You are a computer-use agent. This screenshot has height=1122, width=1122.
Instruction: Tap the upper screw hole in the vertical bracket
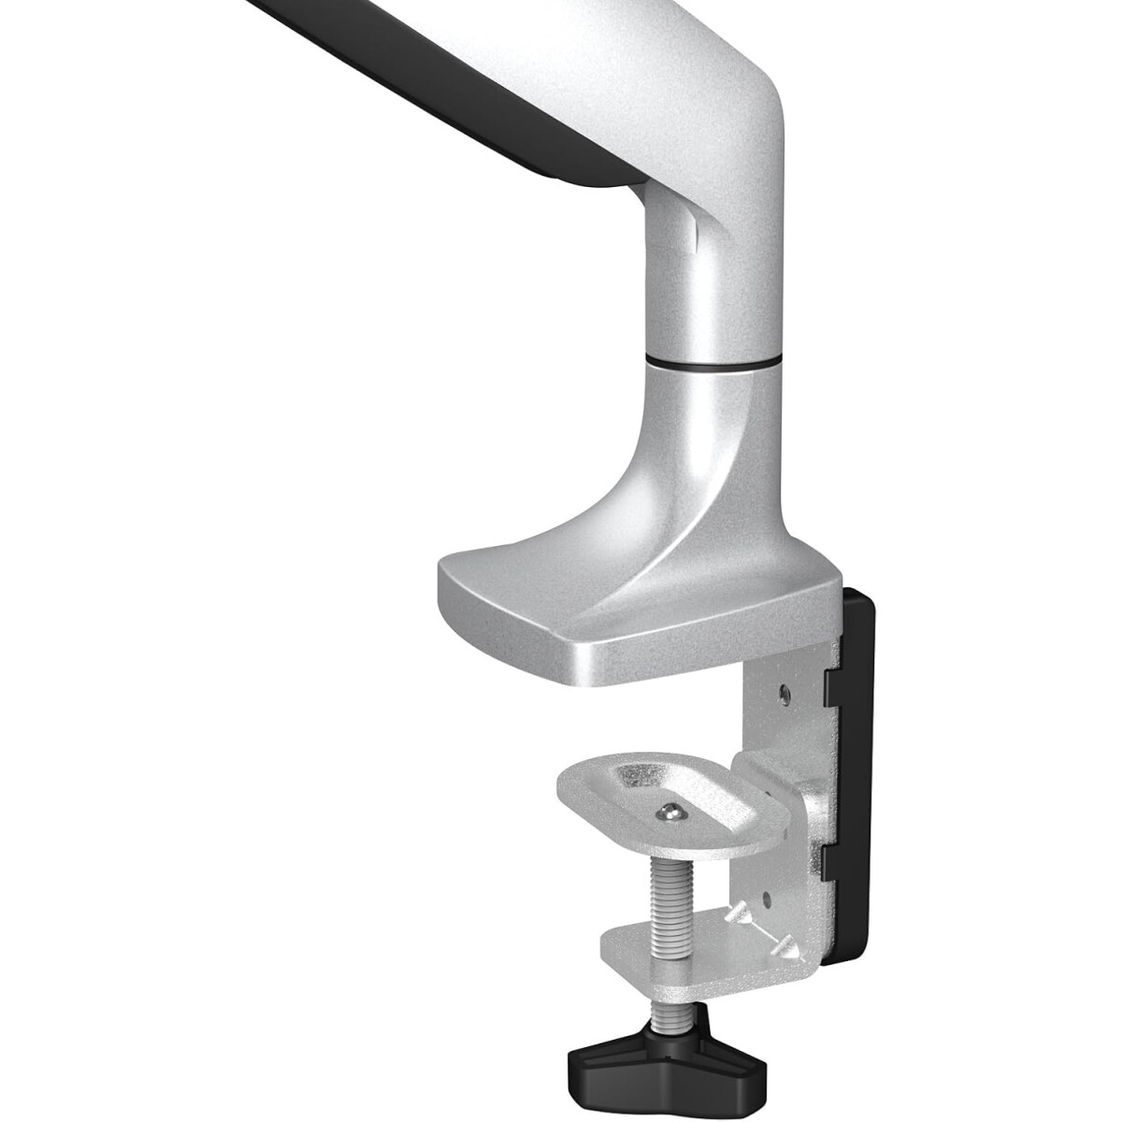(783, 693)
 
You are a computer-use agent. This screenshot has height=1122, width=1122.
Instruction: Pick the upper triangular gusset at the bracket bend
(744, 911)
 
